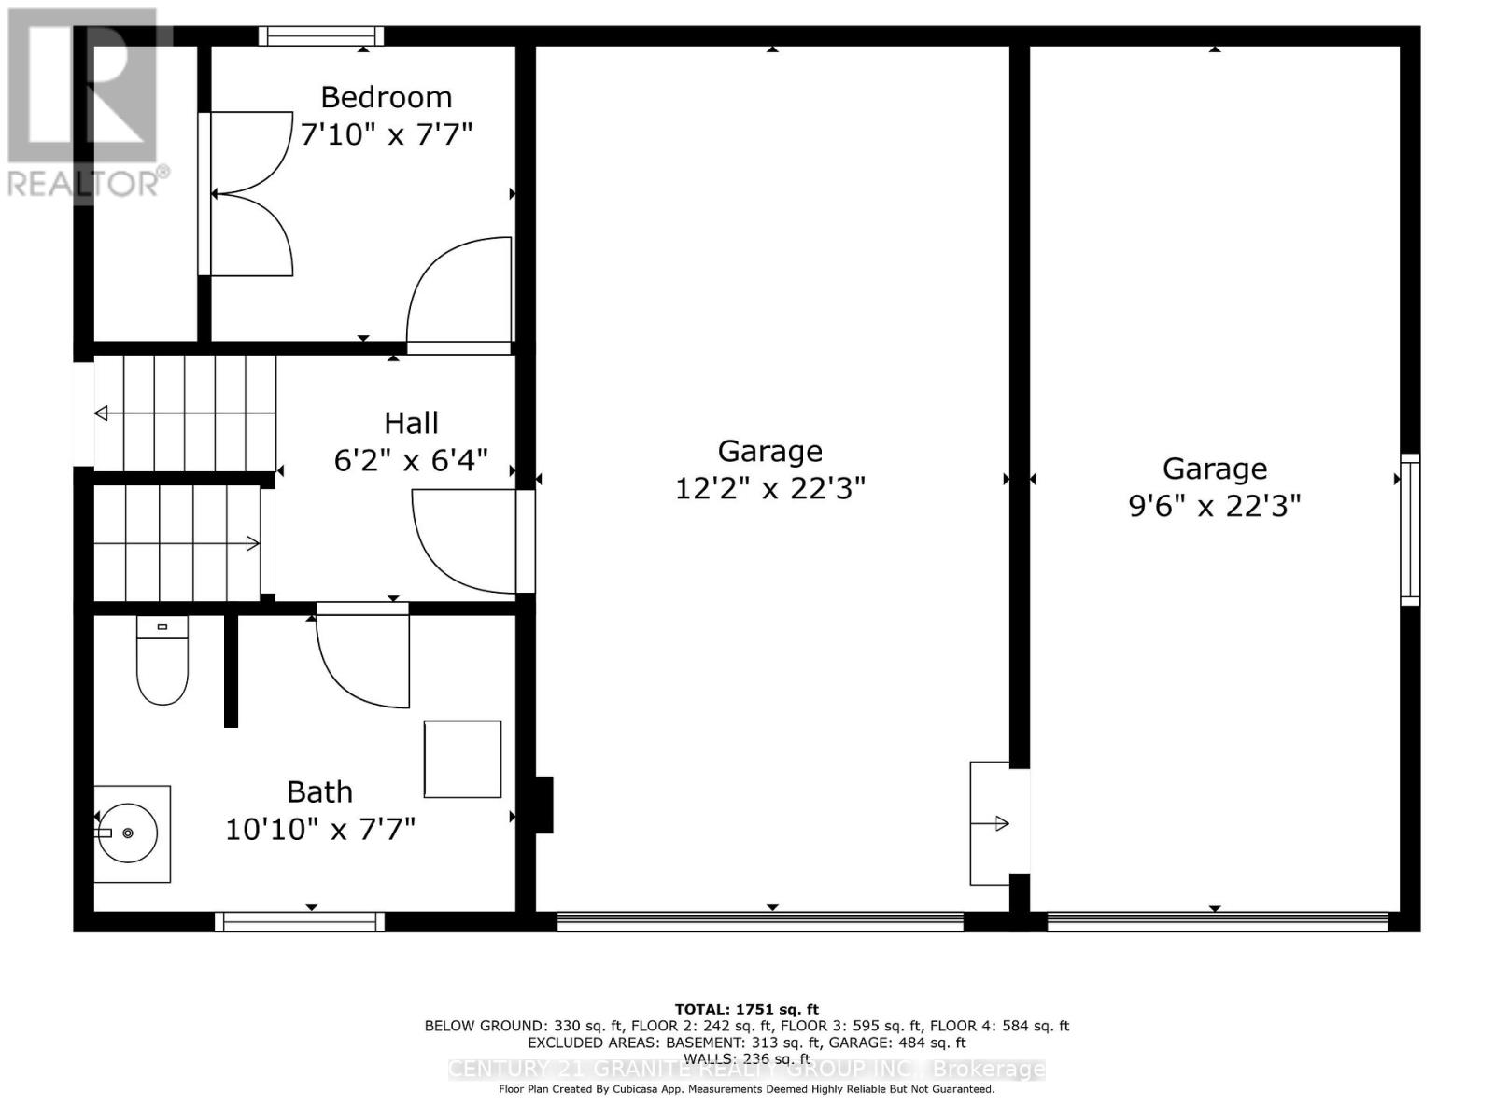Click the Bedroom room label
pyautogui.click(x=386, y=97)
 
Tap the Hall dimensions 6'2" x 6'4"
pyautogui.click(x=411, y=460)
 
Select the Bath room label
pyautogui.click(x=319, y=792)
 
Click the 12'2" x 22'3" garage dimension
pyautogui.click(x=770, y=488)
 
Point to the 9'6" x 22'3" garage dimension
pyautogui.click(x=1214, y=506)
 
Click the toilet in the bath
pyautogui.click(x=162, y=661)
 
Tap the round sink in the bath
pyautogui.click(x=132, y=833)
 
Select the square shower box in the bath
pyautogui.click(x=462, y=759)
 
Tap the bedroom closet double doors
pyautogui.click(x=247, y=194)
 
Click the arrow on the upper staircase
pyautogui.click(x=101, y=413)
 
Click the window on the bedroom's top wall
pyautogui.click(x=321, y=36)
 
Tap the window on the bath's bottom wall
pyautogui.click(x=300, y=922)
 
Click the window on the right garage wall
pyautogui.click(x=1410, y=529)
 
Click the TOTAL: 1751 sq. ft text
pyautogui.click(x=746, y=1009)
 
